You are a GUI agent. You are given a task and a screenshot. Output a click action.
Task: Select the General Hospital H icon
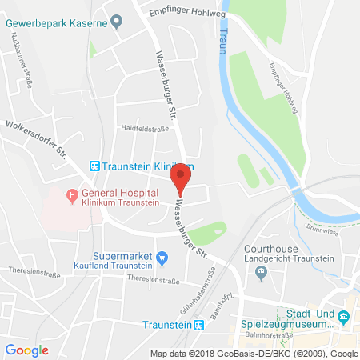(x=72, y=193)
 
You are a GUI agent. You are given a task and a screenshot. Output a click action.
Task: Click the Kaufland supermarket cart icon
(x=162, y=257)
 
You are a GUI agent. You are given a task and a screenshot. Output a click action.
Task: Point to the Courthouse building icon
(x=261, y=273)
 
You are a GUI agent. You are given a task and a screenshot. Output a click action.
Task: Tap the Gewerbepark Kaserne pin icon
(x=117, y=22)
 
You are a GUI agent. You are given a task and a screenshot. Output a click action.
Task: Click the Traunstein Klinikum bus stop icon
(x=94, y=166)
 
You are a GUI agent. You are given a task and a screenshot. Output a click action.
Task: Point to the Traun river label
(x=223, y=38)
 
